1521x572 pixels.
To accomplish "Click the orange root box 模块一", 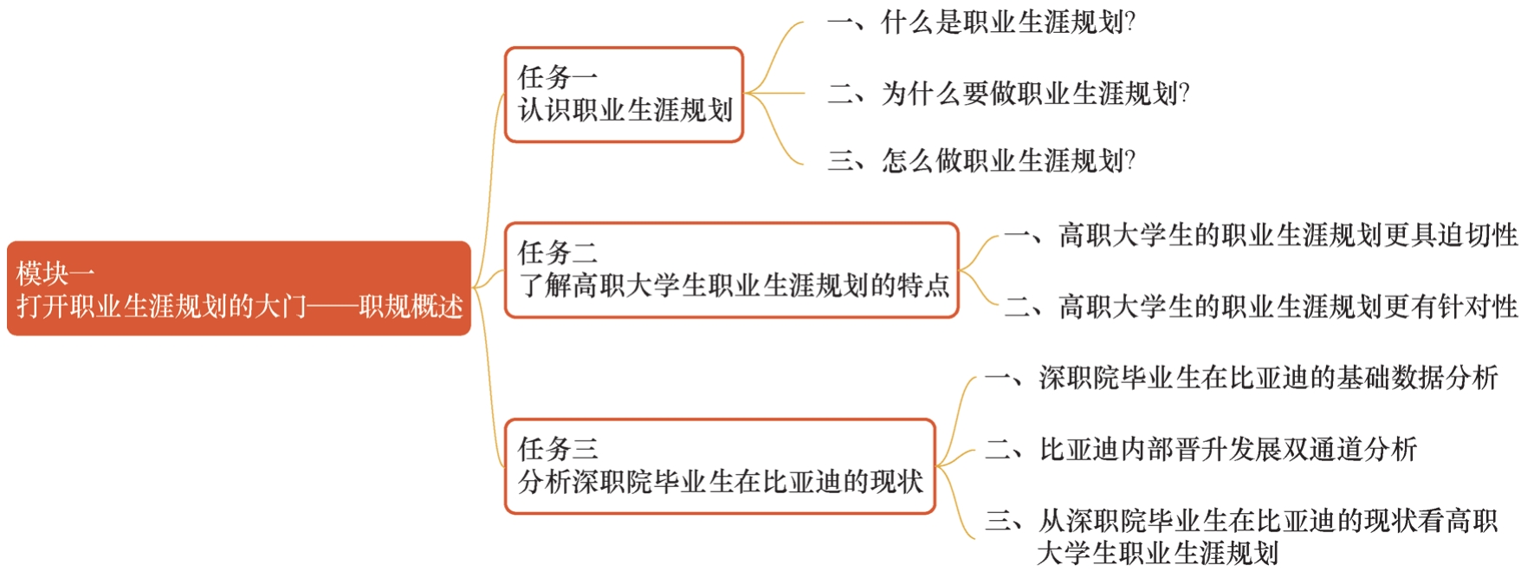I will (x=238, y=289).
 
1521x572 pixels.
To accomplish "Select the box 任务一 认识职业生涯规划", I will (x=624, y=94).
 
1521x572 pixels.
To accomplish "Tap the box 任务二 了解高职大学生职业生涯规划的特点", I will (x=732, y=270).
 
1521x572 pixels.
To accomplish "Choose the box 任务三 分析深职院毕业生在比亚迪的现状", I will (x=720, y=466).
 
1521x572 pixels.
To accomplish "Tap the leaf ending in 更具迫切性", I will (x=1261, y=235).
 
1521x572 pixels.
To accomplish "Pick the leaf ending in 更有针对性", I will (x=1261, y=306).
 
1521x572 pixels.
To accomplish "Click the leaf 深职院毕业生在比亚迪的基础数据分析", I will (x=1241, y=377).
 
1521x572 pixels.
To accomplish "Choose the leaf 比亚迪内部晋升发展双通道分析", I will (x=1201, y=449).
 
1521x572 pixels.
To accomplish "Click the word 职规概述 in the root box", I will (x=411, y=306).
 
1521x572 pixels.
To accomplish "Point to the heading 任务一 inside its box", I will (x=558, y=77).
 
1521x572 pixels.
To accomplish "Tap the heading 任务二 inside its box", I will (x=558, y=252).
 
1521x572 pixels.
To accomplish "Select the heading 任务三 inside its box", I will (x=558, y=448).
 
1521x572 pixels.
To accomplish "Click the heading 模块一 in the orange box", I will (x=55, y=273).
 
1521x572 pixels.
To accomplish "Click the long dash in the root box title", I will (x=333, y=306).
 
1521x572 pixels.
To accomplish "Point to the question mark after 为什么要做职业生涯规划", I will (x=1184, y=93).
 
